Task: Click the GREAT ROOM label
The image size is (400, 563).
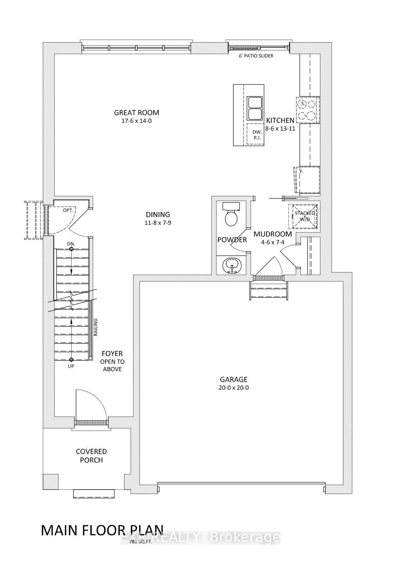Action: click(x=137, y=113)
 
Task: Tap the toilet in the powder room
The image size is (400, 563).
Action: click(x=231, y=215)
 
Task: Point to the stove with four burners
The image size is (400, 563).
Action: click(x=307, y=110)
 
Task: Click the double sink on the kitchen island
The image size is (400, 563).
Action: click(x=254, y=108)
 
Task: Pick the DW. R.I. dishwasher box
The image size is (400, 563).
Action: click(x=257, y=135)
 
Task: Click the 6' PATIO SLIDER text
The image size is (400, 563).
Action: click(x=256, y=56)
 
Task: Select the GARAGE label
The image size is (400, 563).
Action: click(x=233, y=379)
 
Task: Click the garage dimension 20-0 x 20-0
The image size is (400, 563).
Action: click(x=233, y=388)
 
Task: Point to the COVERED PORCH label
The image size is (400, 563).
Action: click(x=91, y=456)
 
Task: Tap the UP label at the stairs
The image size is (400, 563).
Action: click(x=71, y=366)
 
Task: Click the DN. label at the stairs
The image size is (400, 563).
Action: click(x=71, y=244)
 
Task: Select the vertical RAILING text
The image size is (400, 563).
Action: click(x=96, y=327)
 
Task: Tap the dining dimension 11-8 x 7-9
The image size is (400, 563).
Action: click(x=158, y=223)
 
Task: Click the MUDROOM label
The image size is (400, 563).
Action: click(x=273, y=234)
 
